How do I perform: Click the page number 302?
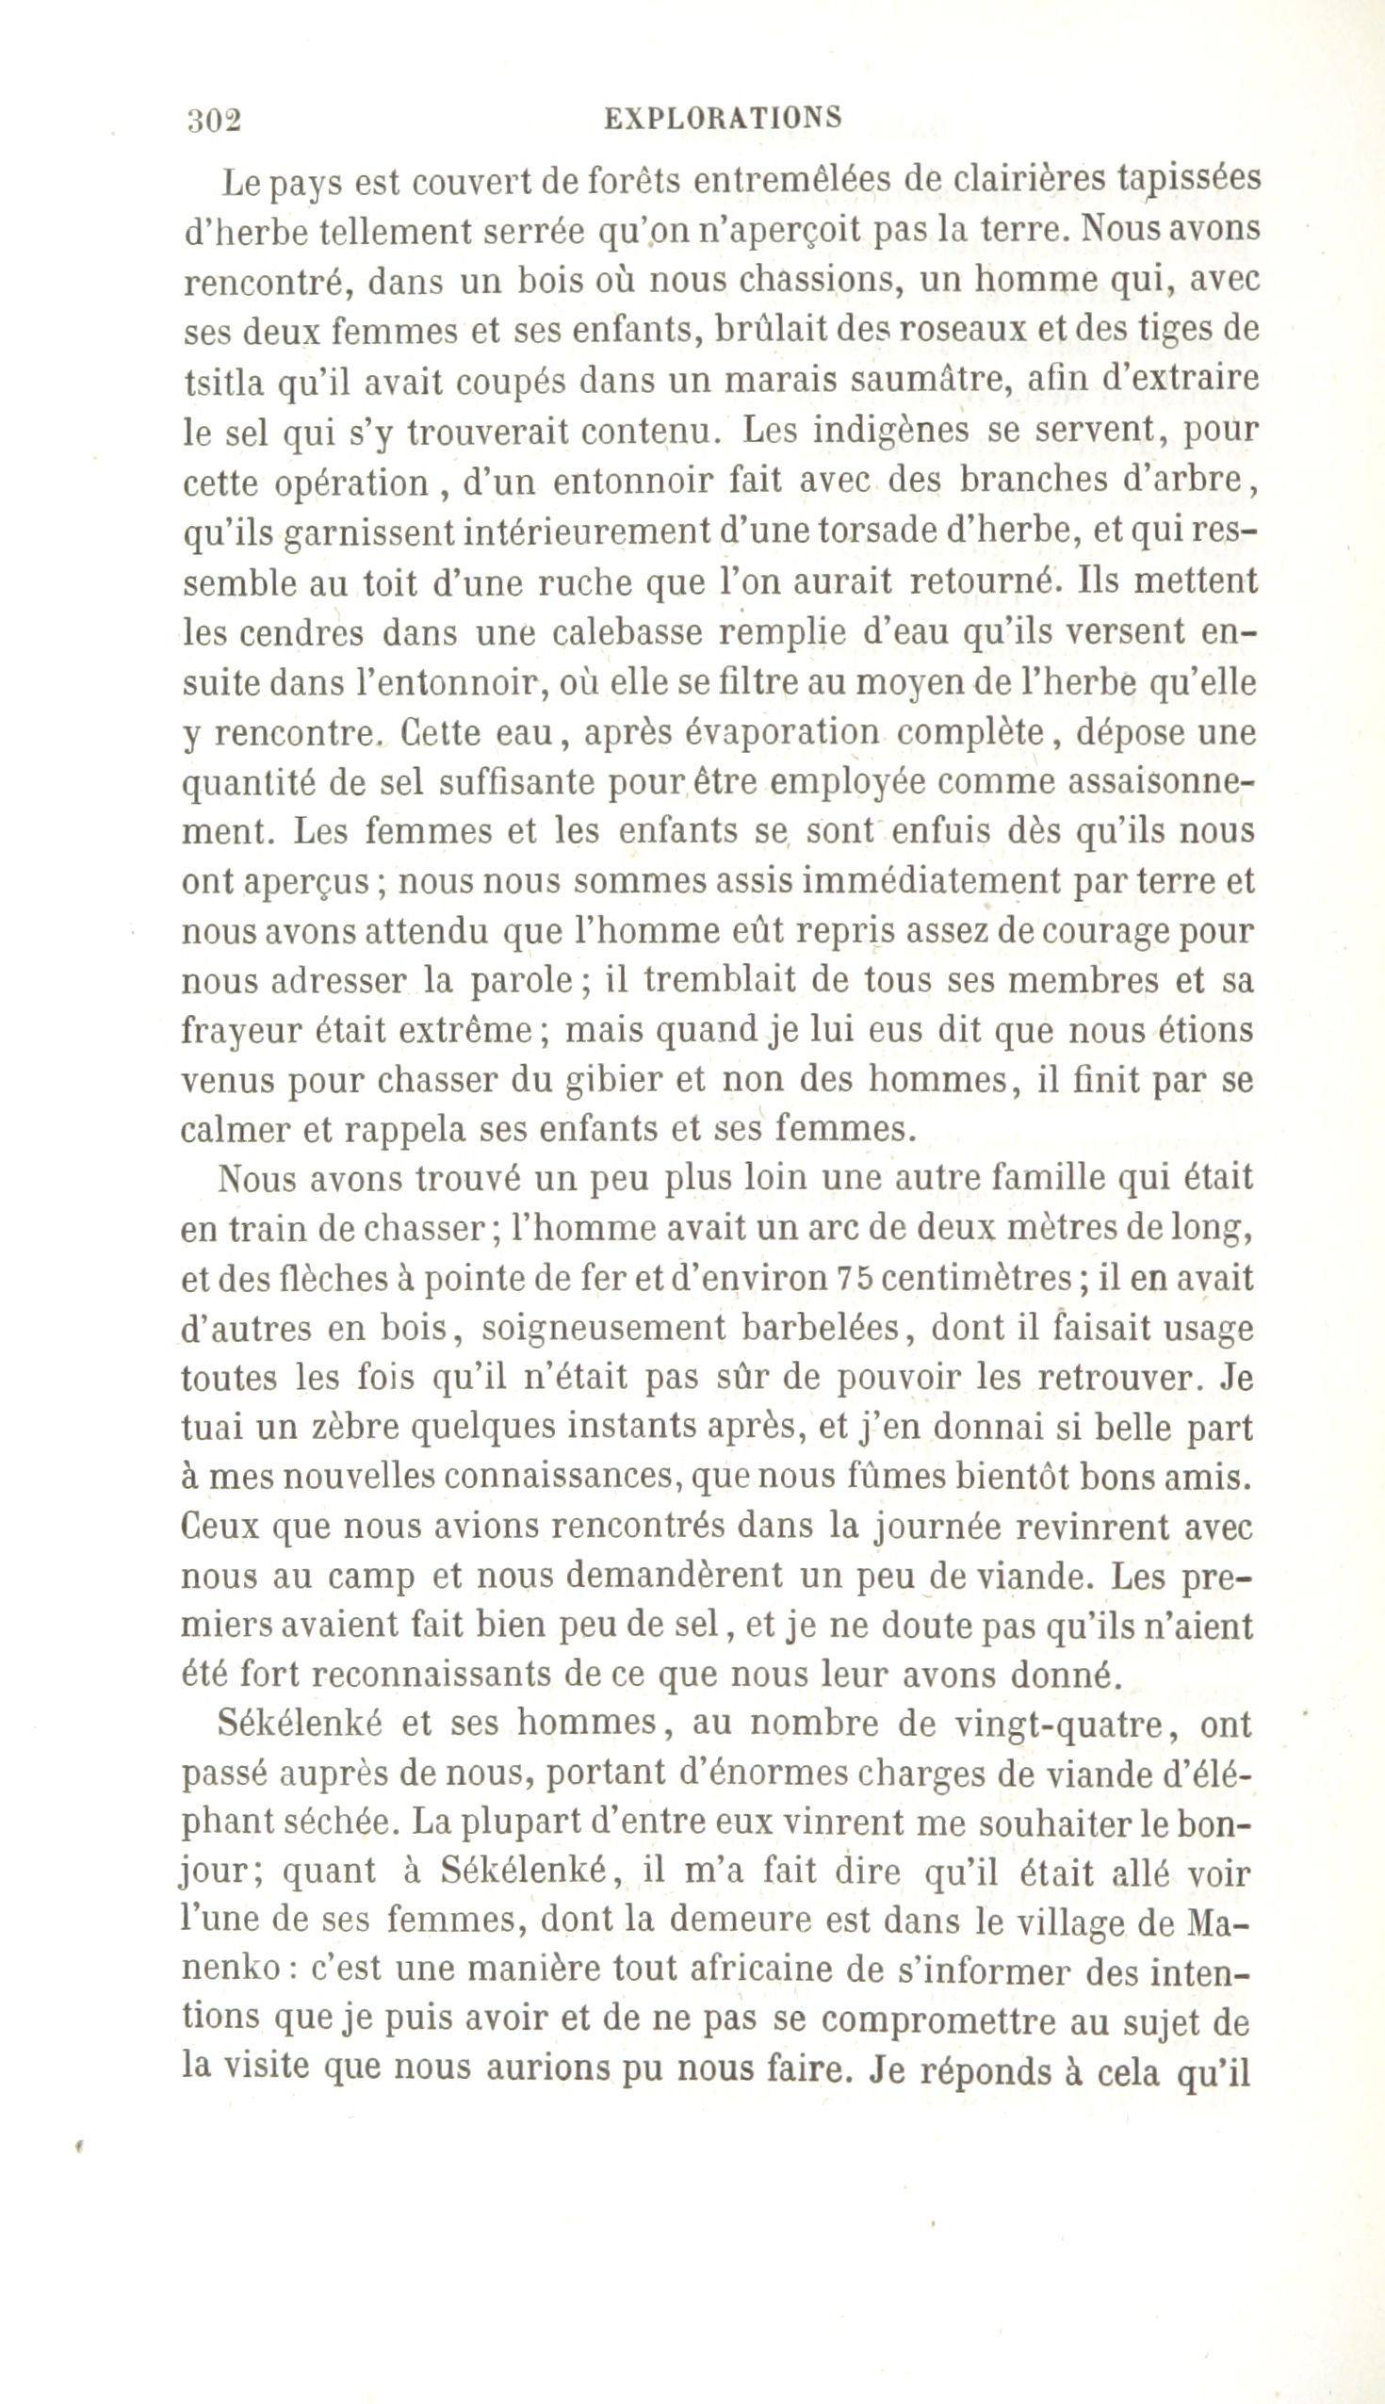click(x=215, y=120)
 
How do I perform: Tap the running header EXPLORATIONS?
click(x=724, y=118)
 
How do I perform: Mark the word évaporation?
click(x=731, y=732)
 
